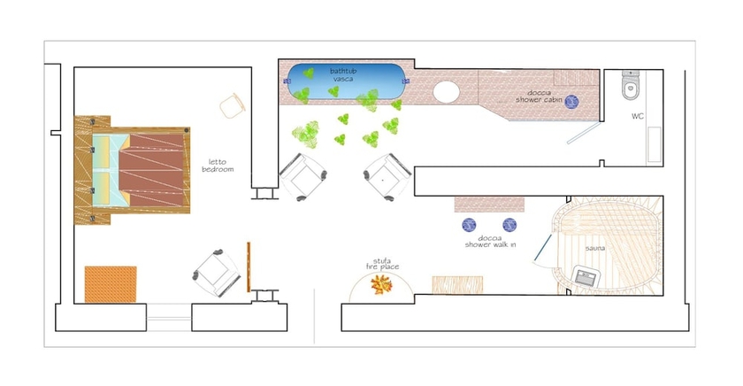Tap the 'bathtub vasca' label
(x=343, y=74)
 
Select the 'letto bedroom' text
(x=217, y=165)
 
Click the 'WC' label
(x=638, y=117)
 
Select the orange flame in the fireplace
(x=382, y=284)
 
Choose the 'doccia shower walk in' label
(x=491, y=241)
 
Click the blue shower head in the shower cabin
(x=571, y=101)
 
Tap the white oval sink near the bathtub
(x=448, y=92)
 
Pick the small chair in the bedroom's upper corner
(x=232, y=104)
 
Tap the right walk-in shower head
(x=509, y=225)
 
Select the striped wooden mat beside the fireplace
(x=457, y=284)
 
